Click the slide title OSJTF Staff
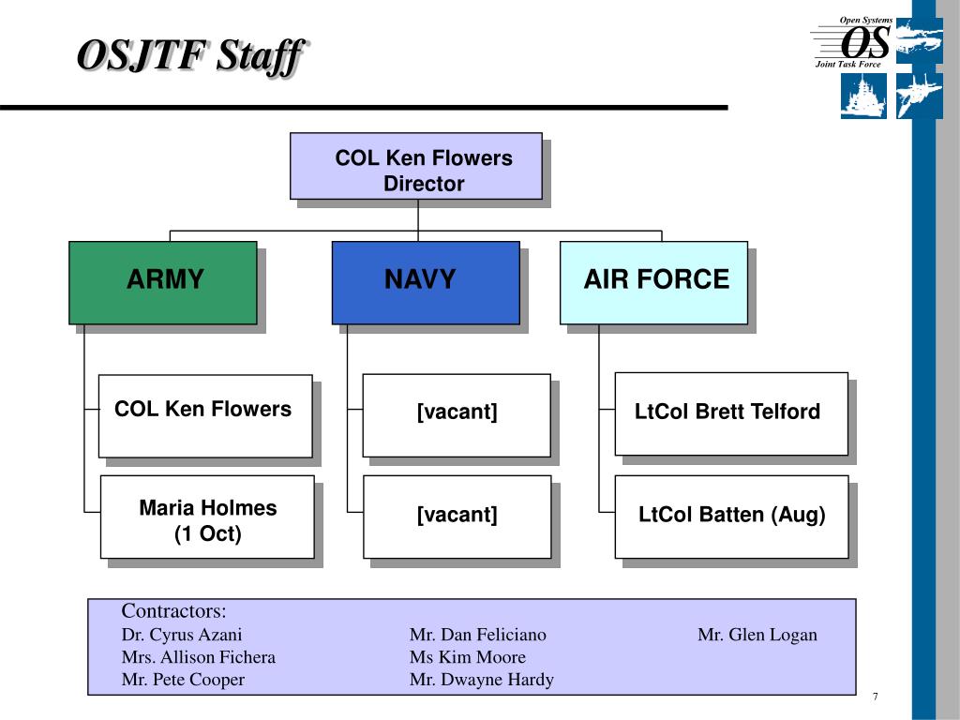point(191,56)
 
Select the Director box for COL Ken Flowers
point(416,166)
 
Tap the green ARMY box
point(163,283)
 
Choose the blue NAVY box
point(426,283)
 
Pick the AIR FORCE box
point(653,283)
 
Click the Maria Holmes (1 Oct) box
point(207,517)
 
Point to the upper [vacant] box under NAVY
point(457,415)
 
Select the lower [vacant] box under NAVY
point(457,517)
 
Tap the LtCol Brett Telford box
point(731,413)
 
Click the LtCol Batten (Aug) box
point(731,517)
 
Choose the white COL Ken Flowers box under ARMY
point(205,416)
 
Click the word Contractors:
point(173,611)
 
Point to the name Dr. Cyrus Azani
point(182,635)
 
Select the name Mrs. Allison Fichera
point(199,657)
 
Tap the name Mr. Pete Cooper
point(183,680)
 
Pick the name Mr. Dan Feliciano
point(477,635)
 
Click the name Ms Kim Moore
point(468,657)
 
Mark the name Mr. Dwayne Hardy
point(482,680)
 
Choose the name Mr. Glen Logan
point(757,635)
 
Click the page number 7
point(876,697)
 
